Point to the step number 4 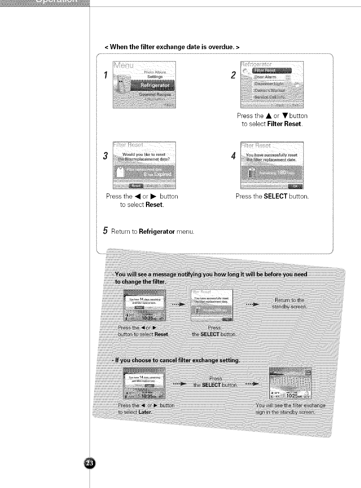point(233,156)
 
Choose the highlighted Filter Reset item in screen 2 point(272,71)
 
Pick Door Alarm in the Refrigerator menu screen point(265,77)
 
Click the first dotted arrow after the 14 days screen point(178,304)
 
